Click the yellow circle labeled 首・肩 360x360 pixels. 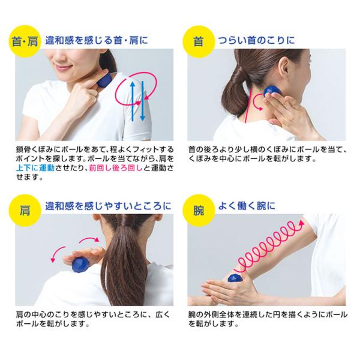click(25, 41)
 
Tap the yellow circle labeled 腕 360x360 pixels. click(199, 211)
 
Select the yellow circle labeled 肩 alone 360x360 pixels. click(25, 211)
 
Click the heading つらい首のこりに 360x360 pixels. click(256, 41)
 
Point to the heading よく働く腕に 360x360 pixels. click(247, 206)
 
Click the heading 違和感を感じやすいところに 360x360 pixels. click(108, 206)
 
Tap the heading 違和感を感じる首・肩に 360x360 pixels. click(97, 41)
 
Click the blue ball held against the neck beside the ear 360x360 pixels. click(271, 91)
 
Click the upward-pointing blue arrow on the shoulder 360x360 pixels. click(133, 101)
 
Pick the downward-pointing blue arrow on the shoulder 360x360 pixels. click(142, 101)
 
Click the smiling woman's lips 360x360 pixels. click(61, 67)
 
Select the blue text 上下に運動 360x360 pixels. click(35, 168)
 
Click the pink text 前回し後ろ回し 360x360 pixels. click(115, 168)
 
